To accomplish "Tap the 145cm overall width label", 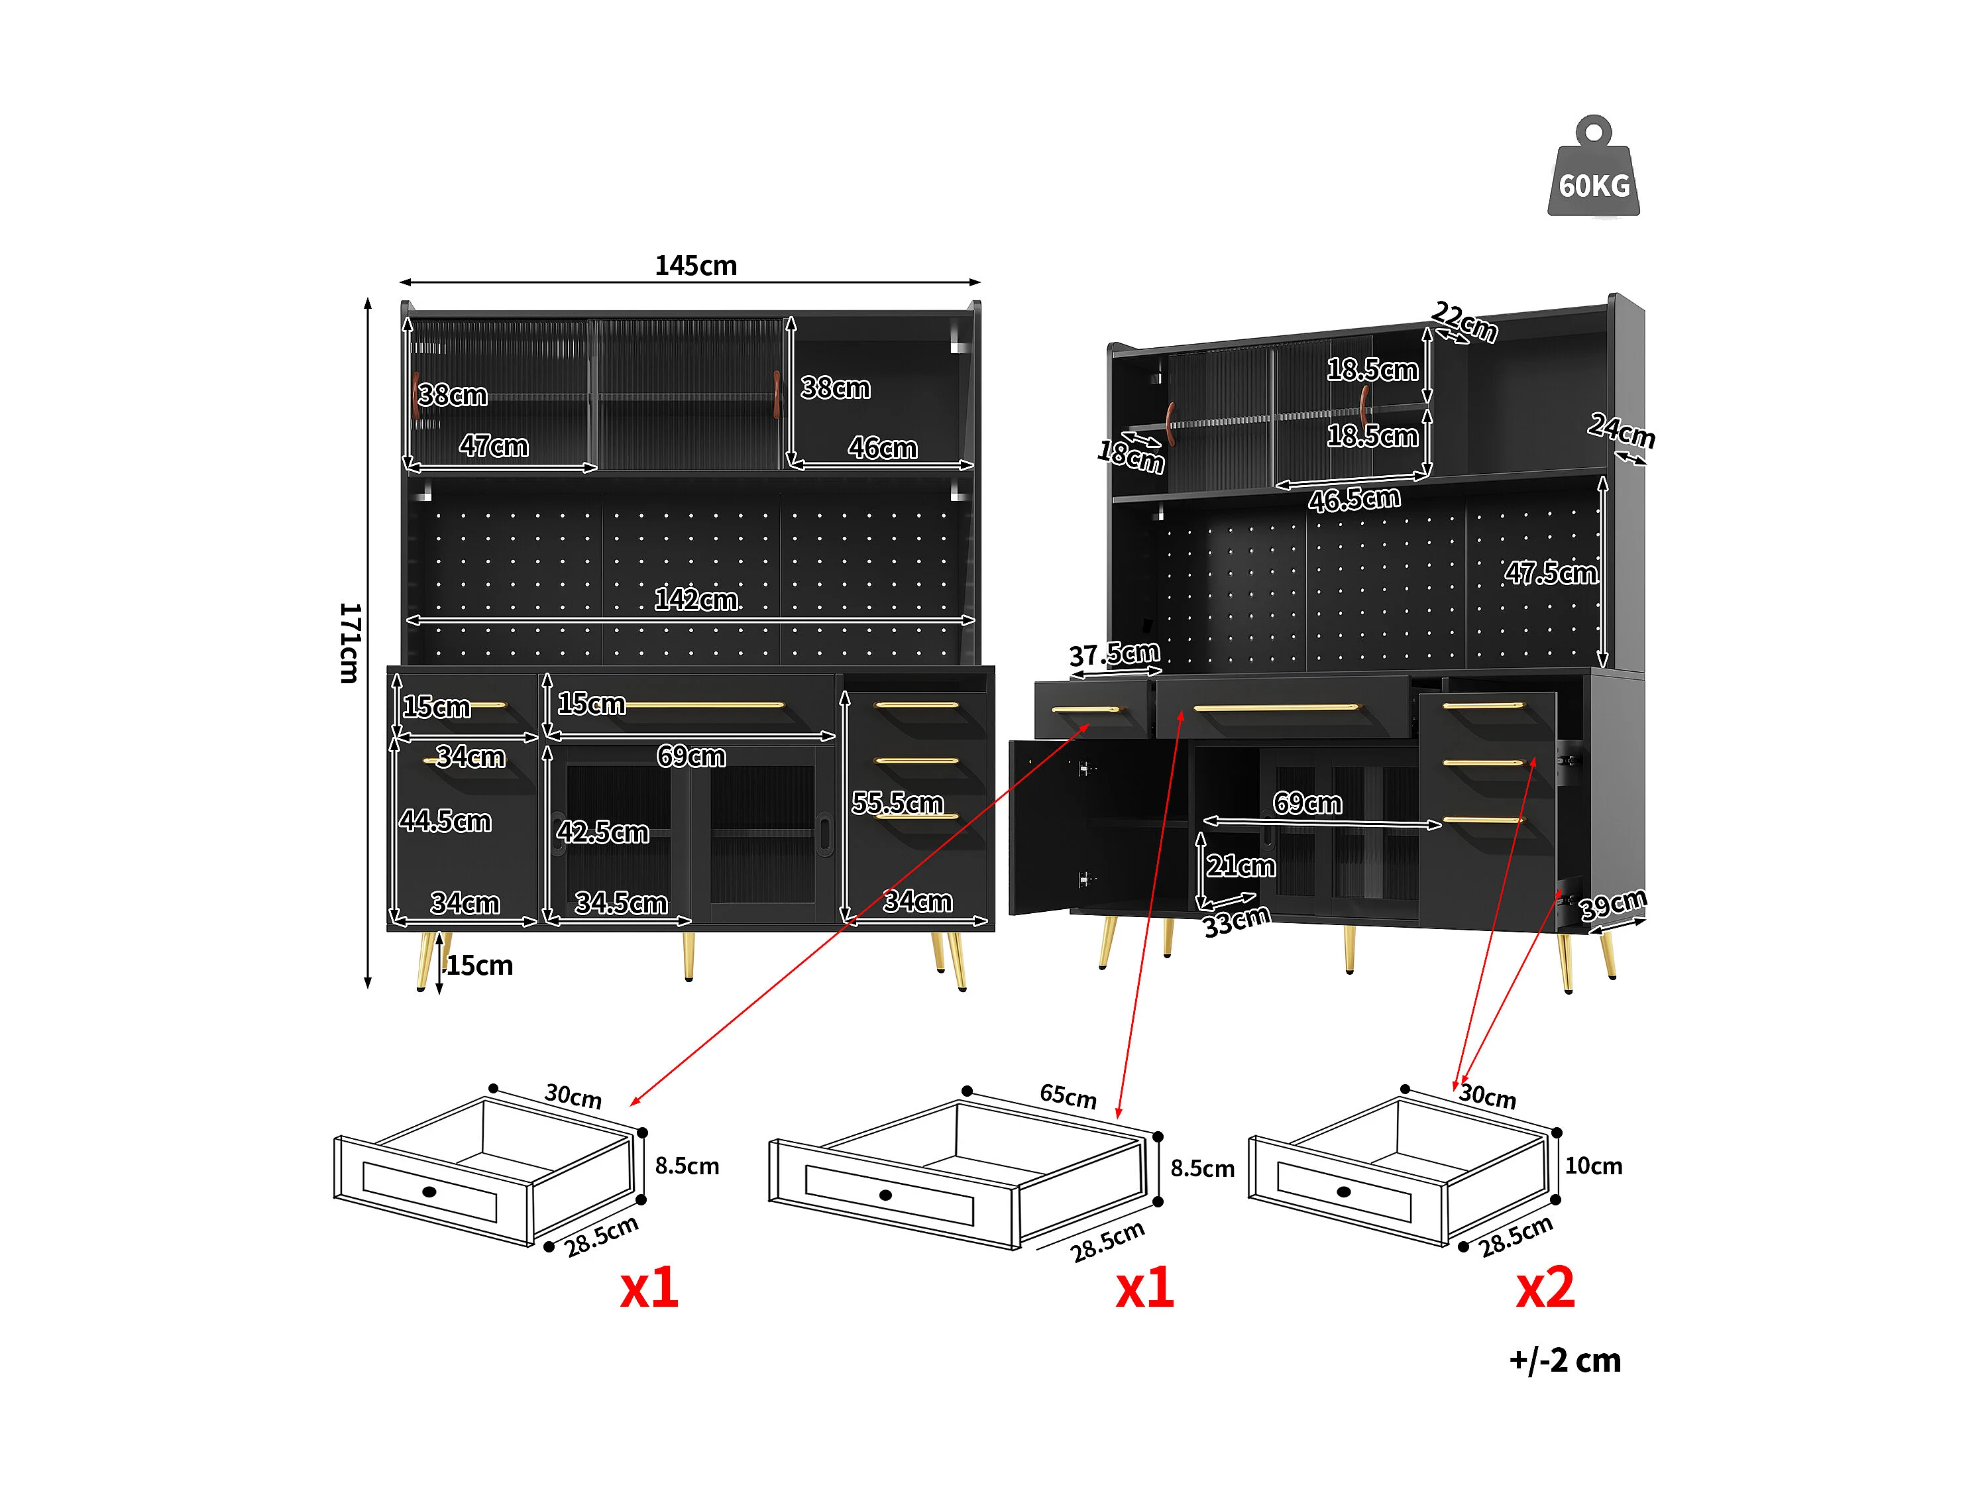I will tap(696, 266).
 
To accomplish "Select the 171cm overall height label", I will tap(350, 643).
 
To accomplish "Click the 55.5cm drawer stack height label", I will tap(897, 802).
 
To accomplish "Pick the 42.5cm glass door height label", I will tap(602, 832).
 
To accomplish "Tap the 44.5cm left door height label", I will tap(445, 820).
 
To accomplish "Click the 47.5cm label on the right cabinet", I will tap(1551, 573).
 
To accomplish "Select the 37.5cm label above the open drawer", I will tap(1115, 653).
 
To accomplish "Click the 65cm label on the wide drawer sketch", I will tap(1068, 1095).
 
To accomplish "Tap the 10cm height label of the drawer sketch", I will tap(1594, 1166).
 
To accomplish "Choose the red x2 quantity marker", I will tap(1545, 1287).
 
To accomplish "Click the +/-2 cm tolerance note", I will tap(1565, 1360).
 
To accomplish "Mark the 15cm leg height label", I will tap(479, 966).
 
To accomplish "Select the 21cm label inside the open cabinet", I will tap(1241, 865).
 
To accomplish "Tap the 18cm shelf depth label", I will tap(1131, 457).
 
